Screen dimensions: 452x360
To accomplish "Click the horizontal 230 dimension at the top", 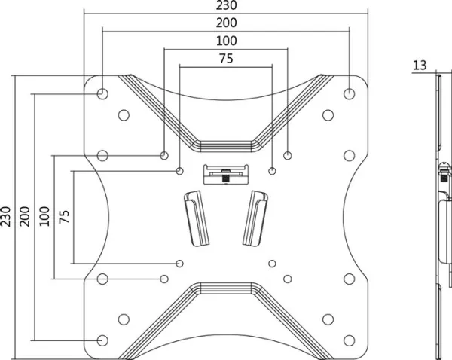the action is [227, 5].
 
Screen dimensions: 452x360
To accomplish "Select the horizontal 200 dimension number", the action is [227, 23].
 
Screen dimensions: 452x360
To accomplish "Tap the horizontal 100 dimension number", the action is [227, 41].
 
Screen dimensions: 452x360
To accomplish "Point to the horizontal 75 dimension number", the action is [226, 59].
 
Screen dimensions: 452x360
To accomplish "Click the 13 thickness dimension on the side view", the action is [420, 66].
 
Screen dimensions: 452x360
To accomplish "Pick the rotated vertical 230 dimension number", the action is [5, 216].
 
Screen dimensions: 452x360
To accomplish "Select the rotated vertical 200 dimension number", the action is [25, 216].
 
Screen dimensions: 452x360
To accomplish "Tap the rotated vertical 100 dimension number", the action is [44, 216].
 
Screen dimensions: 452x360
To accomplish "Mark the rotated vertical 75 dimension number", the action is [64, 216].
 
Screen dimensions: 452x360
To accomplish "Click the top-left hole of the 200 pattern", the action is [102, 93].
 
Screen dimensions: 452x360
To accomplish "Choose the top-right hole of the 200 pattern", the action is [350, 93].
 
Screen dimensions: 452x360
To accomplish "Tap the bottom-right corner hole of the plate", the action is [350, 340].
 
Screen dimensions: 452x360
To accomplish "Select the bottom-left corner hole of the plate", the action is [102, 340].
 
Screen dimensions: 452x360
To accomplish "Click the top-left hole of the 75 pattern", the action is [179, 171].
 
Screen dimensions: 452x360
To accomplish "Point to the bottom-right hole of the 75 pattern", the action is [272, 264].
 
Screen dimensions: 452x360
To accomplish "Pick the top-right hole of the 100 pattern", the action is [288, 156].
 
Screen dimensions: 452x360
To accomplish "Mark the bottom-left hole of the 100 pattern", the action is [164, 279].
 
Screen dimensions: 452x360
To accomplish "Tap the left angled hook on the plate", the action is [197, 218].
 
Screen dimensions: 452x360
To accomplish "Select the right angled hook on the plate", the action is [255, 218].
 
